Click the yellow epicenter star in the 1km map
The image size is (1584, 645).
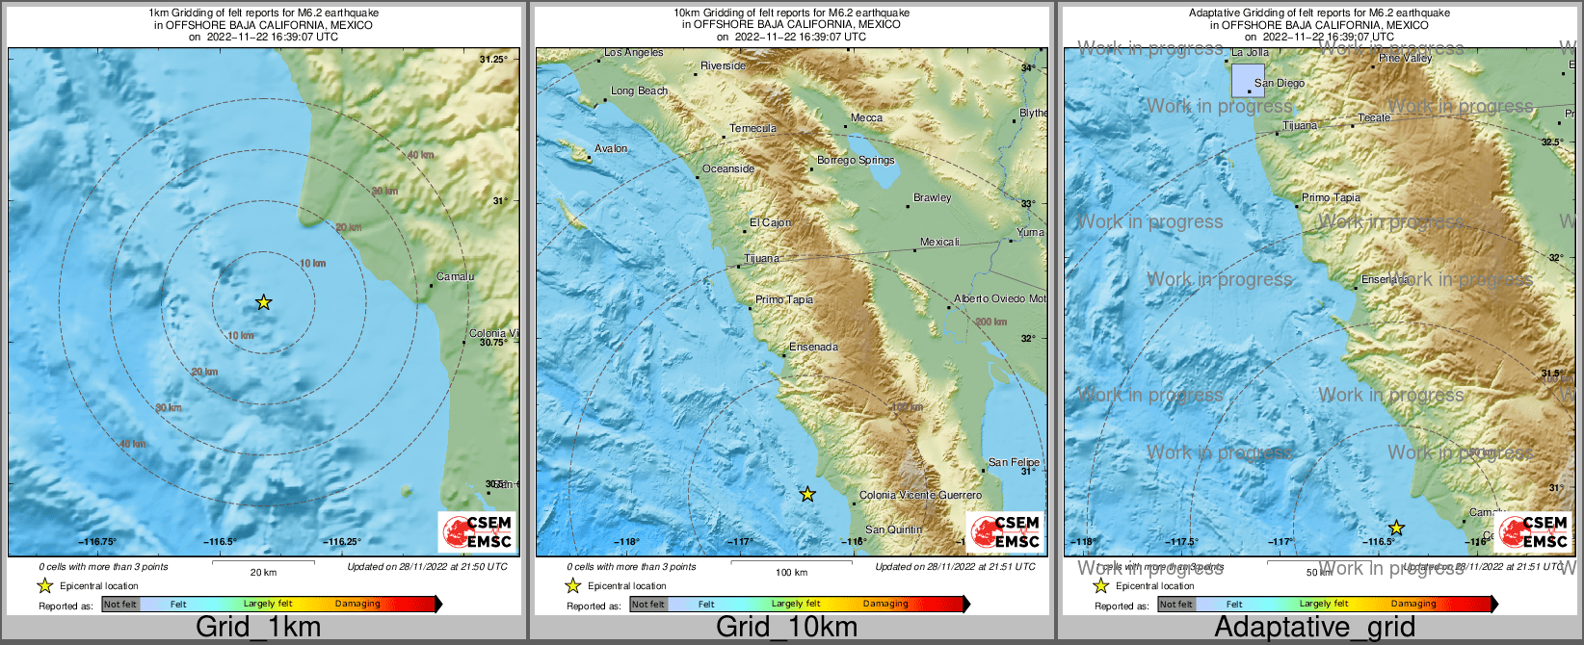pyautogui.click(x=263, y=302)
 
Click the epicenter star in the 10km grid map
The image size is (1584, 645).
pyautogui.click(x=807, y=494)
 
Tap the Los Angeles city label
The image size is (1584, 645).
pyautogui.click(x=633, y=52)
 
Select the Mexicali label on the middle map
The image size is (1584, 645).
pyautogui.click(x=939, y=242)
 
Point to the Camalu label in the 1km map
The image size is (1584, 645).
pyautogui.click(x=455, y=276)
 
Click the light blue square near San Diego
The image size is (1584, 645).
pyautogui.click(x=1248, y=80)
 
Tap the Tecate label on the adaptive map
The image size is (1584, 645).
pyautogui.click(x=1374, y=117)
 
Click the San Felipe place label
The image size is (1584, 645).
pyautogui.click(x=1013, y=462)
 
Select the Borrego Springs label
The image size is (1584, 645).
pyautogui.click(x=856, y=160)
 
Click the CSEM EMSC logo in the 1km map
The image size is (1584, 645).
pyautogui.click(x=476, y=531)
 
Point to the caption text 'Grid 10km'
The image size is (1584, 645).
pyautogui.click(x=786, y=628)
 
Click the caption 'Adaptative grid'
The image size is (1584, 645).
pyautogui.click(x=1314, y=628)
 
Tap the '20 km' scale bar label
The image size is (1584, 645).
pyautogui.click(x=263, y=572)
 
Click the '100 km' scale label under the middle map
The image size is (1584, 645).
pyautogui.click(x=791, y=572)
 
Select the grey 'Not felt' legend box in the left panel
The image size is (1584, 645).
pyautogui.click(x=120, y=605)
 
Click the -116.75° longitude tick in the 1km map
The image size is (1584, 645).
pyautogui.click(x=97, y=542)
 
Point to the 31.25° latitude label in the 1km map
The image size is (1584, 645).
pyautogui.click(x=493, y=60)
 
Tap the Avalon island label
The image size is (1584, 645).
pyautogui.click(x=611, y=149)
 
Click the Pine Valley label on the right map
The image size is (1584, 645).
pyautogui.click(x=1405, y=58)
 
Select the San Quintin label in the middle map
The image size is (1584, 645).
pyautogui.click(x=893, y=529)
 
